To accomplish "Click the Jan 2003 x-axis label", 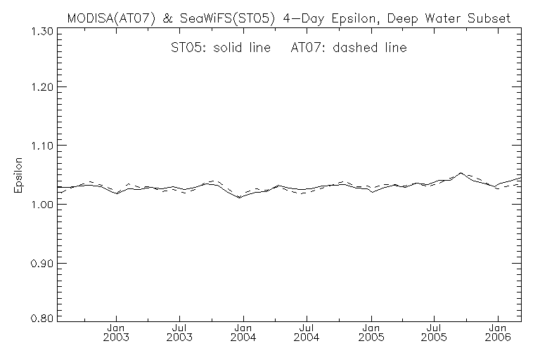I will (x=116, y=333).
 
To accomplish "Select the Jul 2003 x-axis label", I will (x=180, y=333).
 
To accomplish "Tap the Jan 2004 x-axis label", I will (x=243, y=333).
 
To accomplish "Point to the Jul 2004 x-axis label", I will (x=307, y=333).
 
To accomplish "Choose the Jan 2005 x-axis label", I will (x=371, y=333).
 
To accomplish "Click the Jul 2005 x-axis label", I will (x=435, y=333).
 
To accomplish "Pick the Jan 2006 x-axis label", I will (x=499, y=333).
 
